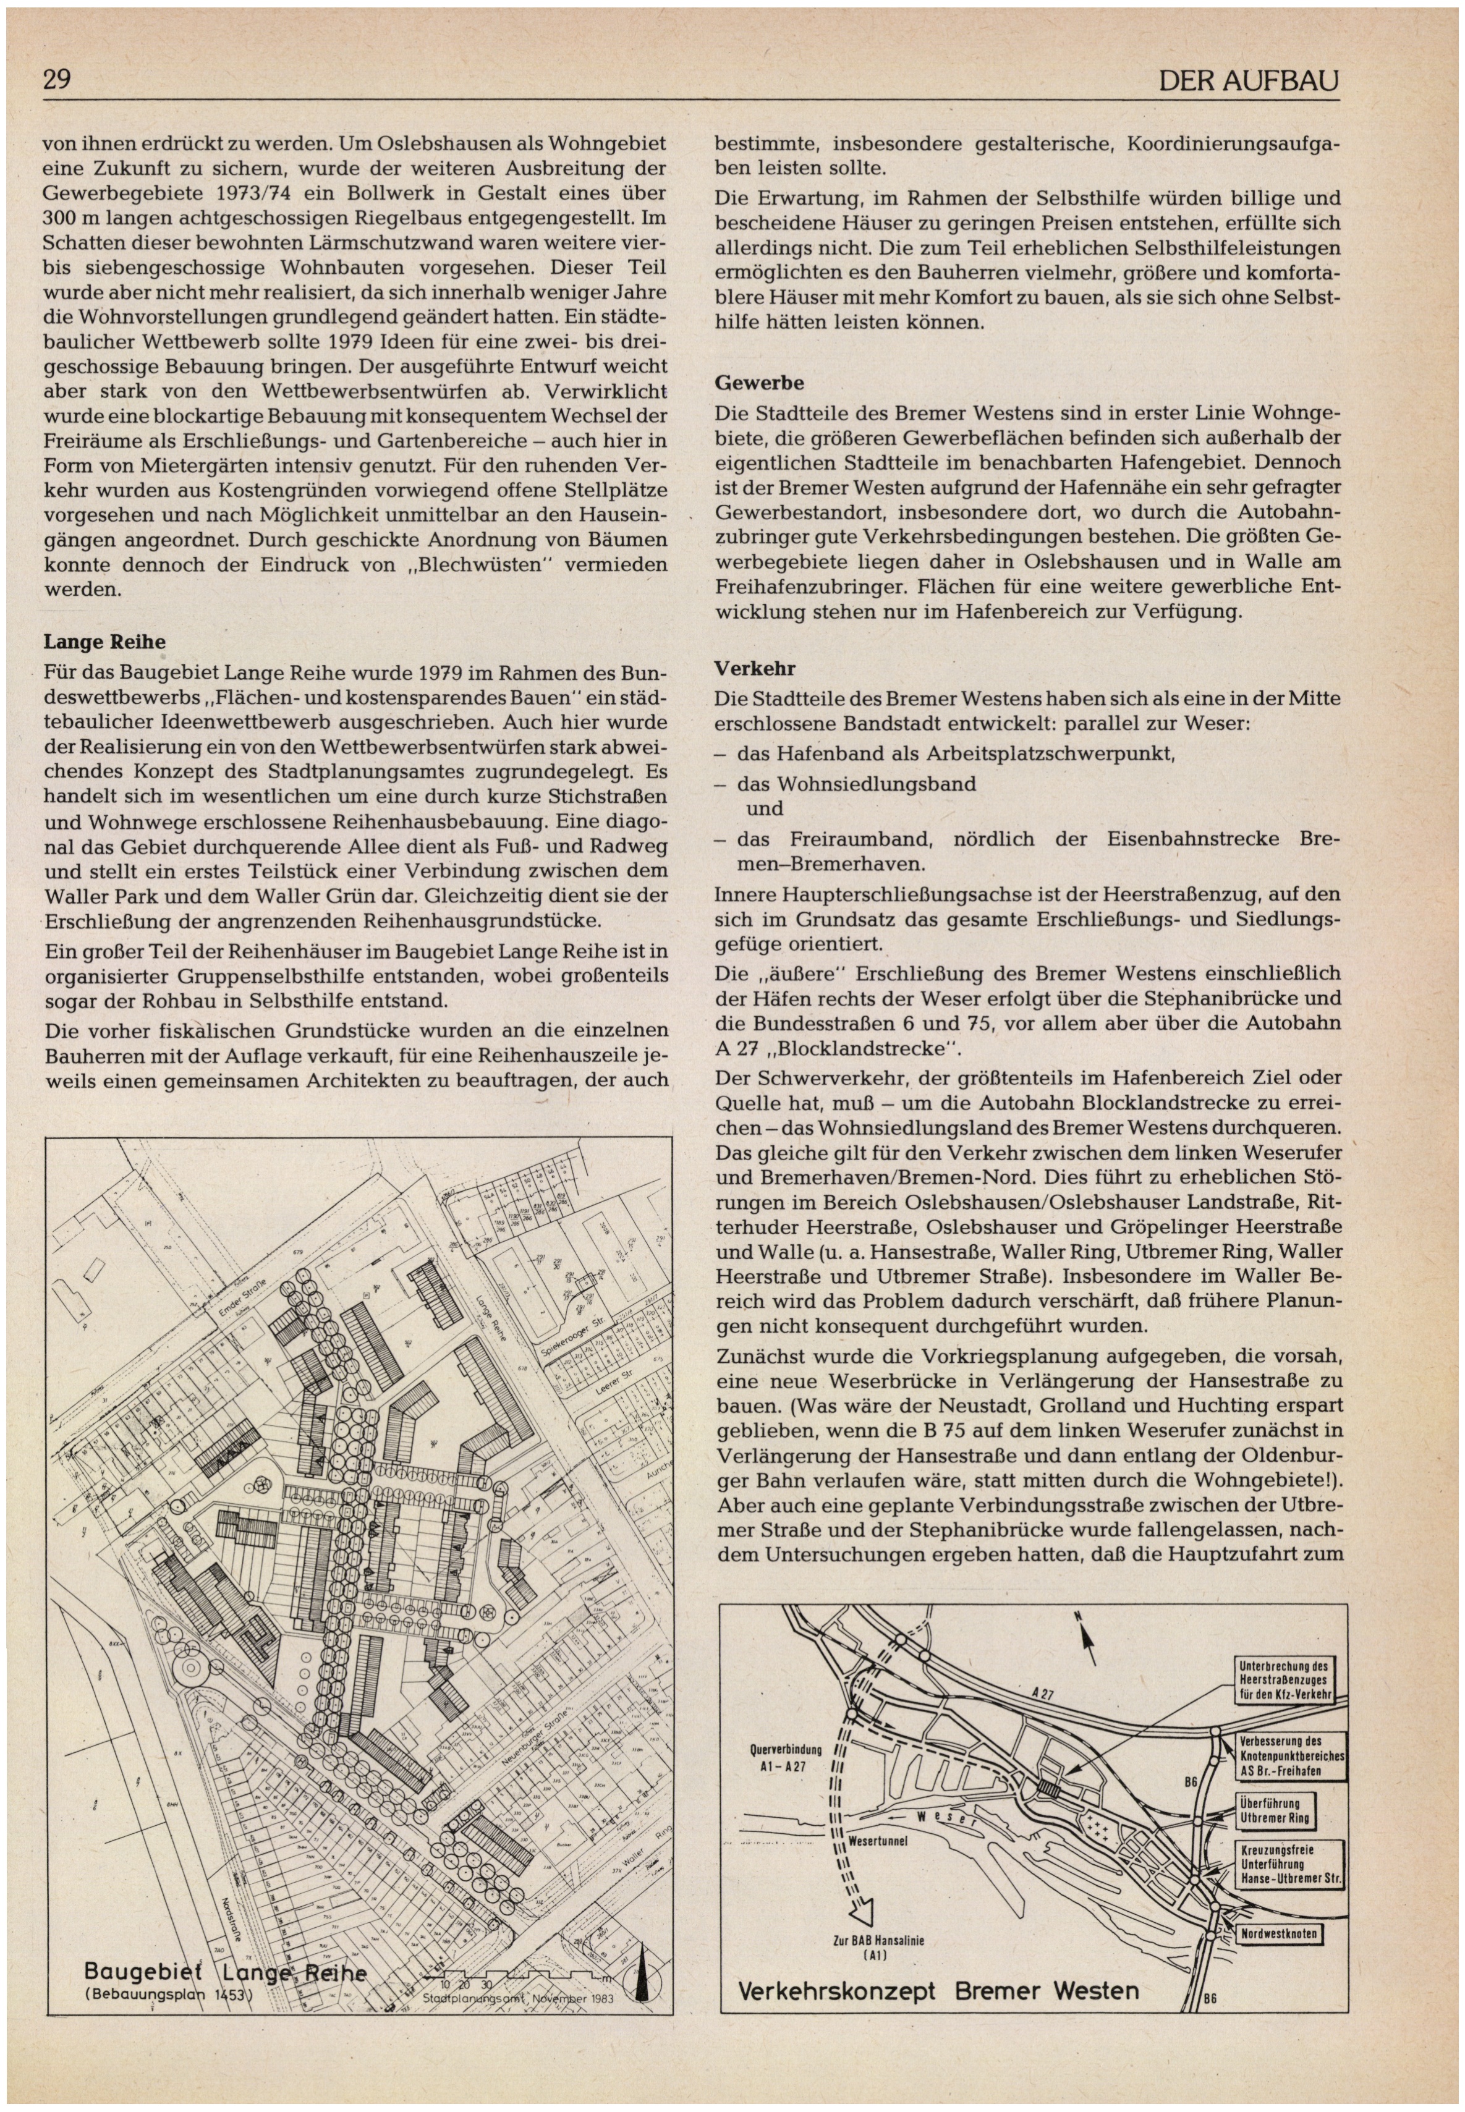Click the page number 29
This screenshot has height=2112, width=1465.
57,81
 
